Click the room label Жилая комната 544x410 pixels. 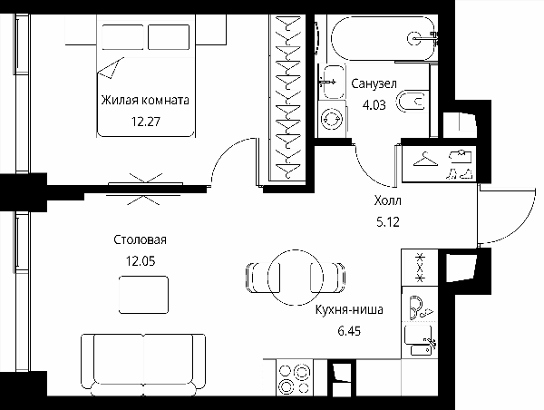(x=145, y=101)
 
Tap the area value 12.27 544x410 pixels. (x=146, y=122)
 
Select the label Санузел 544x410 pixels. (x=374, y=83)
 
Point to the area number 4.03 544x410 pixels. (x=374, y=105)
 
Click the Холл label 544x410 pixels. (x=388, y=200)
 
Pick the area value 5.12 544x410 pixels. (x=388, y=221)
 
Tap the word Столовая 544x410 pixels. (x=141, y=239)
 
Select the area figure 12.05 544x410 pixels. (x=141, y=261)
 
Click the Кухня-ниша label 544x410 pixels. (x=349, y=309)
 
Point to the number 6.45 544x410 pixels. (x=349, y=331)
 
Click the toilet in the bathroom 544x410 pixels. (x=412, y=102)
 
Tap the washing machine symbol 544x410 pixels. (x=332, y=119)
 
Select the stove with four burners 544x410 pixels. (x=295, y=377)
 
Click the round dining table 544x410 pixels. (x=296, y=277)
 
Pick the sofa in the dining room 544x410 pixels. (x=143, y=365)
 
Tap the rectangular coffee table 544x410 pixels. (x=143, y=295)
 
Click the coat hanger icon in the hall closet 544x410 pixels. (x=425, y=159)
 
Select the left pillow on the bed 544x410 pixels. (x=122, y=37)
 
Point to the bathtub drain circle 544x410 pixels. (x=415, y=38)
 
